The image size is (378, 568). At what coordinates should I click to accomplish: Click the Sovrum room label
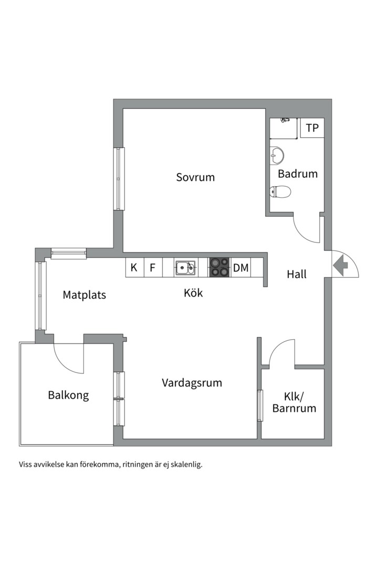(x=195, y=177)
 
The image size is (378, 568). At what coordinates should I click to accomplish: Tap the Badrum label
(x=298, y=174)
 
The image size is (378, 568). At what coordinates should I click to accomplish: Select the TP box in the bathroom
(x=312, y=128)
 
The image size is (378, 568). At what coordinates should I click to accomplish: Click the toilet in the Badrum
(x=280, y=192)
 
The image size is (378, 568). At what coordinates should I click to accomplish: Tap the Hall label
(x=297, y=274)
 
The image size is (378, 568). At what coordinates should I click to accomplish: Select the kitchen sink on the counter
(x=185, y=268)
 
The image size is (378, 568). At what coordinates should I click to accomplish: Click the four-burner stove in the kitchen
(x=219, y=267)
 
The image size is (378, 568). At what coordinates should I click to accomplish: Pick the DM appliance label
(x=241, y=268)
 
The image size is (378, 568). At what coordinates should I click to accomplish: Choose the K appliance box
(x=134, y=268)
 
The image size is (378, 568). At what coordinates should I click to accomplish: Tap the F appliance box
(x=153, y=268)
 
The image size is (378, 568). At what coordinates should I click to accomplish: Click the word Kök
(x=193, y=293)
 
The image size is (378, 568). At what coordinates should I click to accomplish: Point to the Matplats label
(x=84, y=295)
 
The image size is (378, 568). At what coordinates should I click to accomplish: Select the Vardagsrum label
(x=192, y=383)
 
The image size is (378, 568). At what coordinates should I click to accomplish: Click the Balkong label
(x=68, y=395)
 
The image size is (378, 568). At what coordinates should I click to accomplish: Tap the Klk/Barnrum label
(x=294, y=402)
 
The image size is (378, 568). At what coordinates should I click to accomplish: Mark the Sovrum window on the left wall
(x=120, y=179)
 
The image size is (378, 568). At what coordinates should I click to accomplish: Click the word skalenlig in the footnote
(x=184, y=464)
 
